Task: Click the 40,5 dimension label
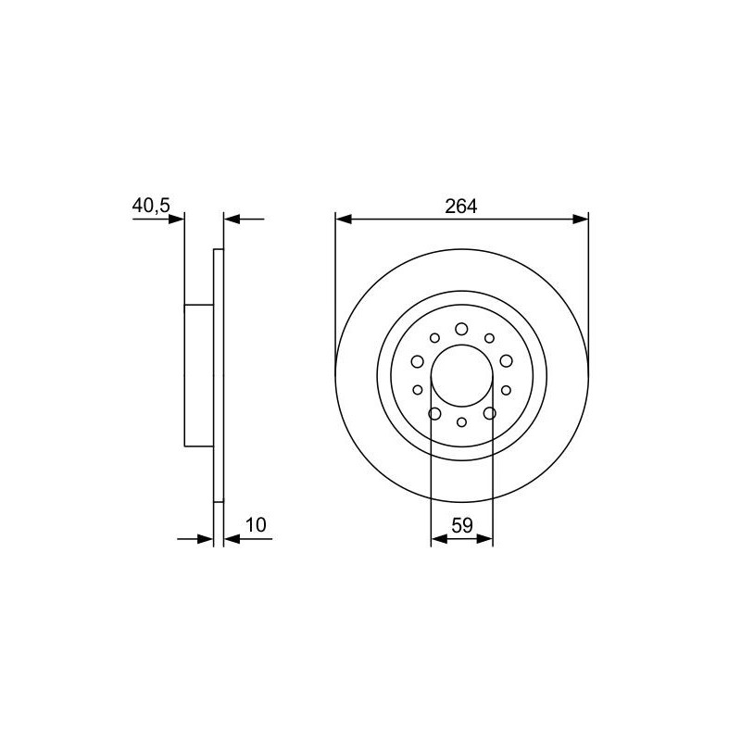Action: [x=151, y=206]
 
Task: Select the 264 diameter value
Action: [x=461, y=207]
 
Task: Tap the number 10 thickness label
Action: [x=257, y=525]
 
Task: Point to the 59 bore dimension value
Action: [x=462, y=525]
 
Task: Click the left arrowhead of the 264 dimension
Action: [x=344, y=220]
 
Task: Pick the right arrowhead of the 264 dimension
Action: [x=581, y=220]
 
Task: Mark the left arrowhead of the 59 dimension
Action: [x=439, y=539]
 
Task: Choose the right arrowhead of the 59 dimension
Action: [x=484, y=539]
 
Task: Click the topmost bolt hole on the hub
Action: [x=461, y=329]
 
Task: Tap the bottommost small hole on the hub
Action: [x=461, y=422]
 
